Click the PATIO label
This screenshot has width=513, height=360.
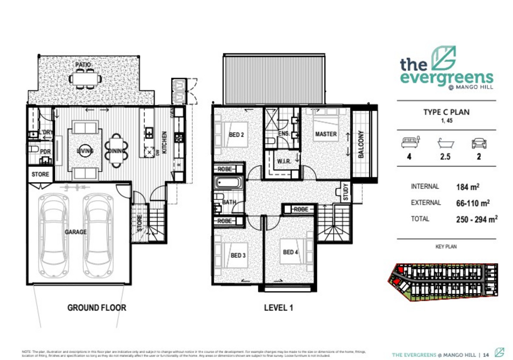click(84, 65)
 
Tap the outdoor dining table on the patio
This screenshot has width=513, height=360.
click(86, 79)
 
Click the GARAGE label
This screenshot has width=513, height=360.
click(76, 232)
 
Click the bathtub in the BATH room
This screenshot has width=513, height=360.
click(228, 184)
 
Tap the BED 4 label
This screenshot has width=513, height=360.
click(290, 252)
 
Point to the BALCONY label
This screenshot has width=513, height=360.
click(361, 145)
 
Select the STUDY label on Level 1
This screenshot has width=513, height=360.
click(345, 192)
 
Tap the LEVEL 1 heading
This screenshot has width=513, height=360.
click(278, 307)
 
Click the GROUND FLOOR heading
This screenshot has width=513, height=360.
click(97, 307)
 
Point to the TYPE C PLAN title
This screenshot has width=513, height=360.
click(446, 112)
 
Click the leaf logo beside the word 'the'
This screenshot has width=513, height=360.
click(443, 59)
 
